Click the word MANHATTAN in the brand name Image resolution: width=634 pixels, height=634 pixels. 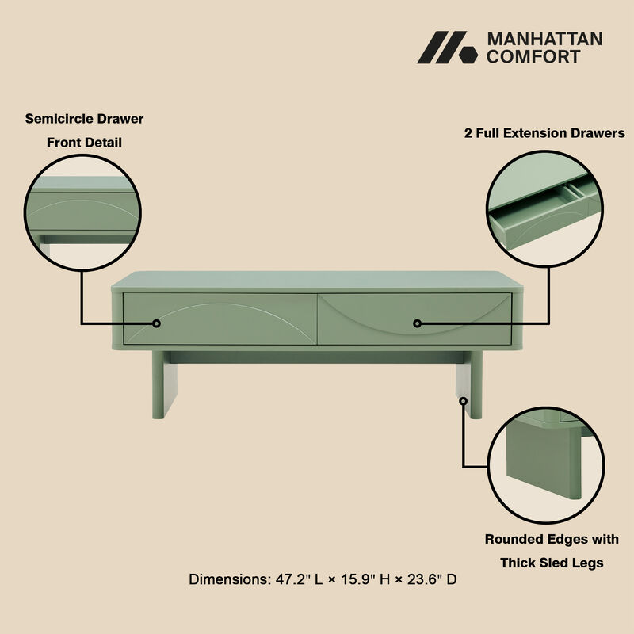544,39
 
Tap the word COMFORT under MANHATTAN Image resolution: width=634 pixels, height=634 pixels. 533,56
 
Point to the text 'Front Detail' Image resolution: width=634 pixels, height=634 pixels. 84,143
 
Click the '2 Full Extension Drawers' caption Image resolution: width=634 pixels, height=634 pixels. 544,133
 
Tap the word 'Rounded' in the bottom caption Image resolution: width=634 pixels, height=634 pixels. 513,540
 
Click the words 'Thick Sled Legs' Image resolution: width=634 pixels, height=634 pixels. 552,563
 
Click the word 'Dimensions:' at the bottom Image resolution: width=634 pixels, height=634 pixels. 228,579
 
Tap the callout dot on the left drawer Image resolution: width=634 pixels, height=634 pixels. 157,323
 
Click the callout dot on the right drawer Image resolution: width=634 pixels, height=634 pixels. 418,323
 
